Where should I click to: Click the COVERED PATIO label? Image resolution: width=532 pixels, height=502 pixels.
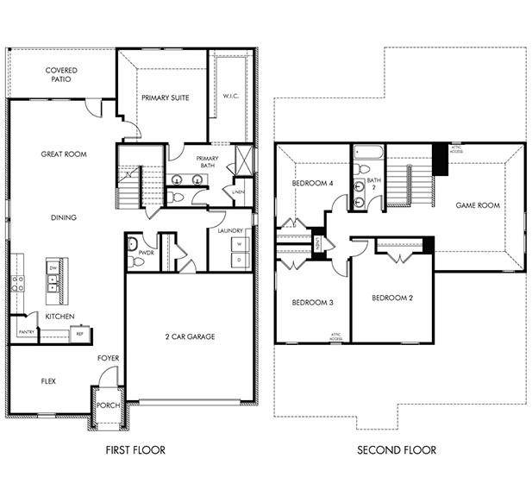pos(60,74)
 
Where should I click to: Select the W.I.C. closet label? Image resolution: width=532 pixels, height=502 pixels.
pos(231,96)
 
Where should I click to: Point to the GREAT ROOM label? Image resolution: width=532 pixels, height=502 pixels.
pos(64,154)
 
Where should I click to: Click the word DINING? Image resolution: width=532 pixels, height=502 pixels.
pos(64,217)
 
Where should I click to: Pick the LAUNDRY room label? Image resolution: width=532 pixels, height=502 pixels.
pos(230,231)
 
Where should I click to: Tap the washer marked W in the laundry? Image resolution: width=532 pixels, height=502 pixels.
pos(239,244)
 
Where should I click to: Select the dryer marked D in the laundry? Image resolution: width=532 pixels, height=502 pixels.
pos(239,260)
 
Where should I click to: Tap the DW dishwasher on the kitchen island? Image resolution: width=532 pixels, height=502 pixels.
pos(52,269)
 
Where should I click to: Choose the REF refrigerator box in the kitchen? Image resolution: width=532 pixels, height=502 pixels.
pos(79,333)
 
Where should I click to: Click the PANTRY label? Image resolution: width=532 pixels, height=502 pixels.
pos(26,331)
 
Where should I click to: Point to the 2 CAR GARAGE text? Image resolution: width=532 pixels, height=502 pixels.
pos(191,336)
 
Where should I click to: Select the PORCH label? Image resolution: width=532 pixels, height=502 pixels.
pos(108,405)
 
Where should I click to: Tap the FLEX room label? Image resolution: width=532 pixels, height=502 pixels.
pos(49,380)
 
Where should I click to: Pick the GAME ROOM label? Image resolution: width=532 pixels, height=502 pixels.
pos(478,205)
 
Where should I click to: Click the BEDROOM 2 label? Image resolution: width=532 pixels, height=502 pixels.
pos(391,298)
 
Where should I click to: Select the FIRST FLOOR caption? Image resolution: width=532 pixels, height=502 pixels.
pos(135,450)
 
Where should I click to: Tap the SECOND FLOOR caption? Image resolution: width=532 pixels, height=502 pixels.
pos(397,450)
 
